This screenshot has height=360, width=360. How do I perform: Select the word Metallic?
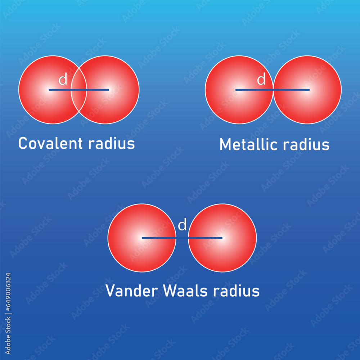[x=249, y=145]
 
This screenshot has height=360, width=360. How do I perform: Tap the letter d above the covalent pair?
[x=63, y=80]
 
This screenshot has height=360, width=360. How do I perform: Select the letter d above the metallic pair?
[x=261, y=80]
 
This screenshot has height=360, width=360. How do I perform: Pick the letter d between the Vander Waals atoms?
[x=183, y=225]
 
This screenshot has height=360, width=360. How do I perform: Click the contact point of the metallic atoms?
[x=273, y=90]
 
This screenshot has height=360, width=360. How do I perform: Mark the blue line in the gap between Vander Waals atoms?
[x=182, y=238]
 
